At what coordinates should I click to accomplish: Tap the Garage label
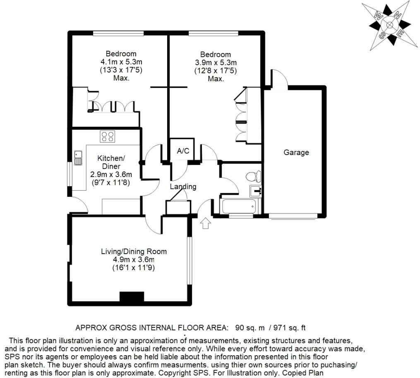[296, 153]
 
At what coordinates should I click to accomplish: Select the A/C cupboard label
[183, 151]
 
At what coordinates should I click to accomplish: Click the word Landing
[183, 187]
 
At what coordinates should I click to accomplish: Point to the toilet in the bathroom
[252, 177]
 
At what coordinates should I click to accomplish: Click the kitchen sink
[79, 158]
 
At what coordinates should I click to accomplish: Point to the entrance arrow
[205, 223]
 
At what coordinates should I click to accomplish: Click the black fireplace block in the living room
[132, 297]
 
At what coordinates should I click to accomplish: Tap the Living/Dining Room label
[134, 251]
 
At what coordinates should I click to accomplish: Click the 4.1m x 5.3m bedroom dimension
[121, 62]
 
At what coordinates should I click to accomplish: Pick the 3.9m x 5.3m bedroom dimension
[216, 63]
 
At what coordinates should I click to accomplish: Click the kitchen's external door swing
[78, 206]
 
